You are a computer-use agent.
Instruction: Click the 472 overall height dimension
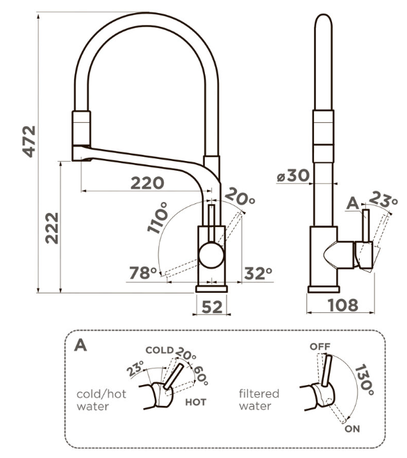point(29,142)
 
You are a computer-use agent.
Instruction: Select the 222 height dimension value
point(52,228)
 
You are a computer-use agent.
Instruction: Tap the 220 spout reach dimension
point(147,183)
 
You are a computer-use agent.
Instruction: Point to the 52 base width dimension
point(212,307)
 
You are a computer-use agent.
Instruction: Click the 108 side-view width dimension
point(342,305)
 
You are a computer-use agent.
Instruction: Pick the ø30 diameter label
point(293,176)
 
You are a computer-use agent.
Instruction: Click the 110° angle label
point(158,218)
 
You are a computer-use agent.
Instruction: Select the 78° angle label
point(143,273)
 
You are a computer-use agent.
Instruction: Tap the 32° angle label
point(258,273)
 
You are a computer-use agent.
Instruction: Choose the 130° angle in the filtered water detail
point(364,380)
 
